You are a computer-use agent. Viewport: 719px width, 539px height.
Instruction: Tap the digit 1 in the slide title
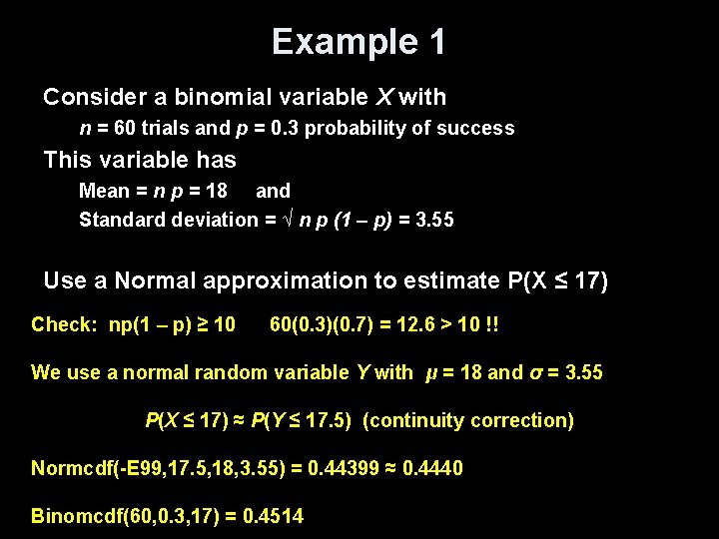(435, 42)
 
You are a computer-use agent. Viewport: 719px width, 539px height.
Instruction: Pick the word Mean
(104, 190)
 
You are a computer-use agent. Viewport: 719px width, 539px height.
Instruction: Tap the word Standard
(118, 219)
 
